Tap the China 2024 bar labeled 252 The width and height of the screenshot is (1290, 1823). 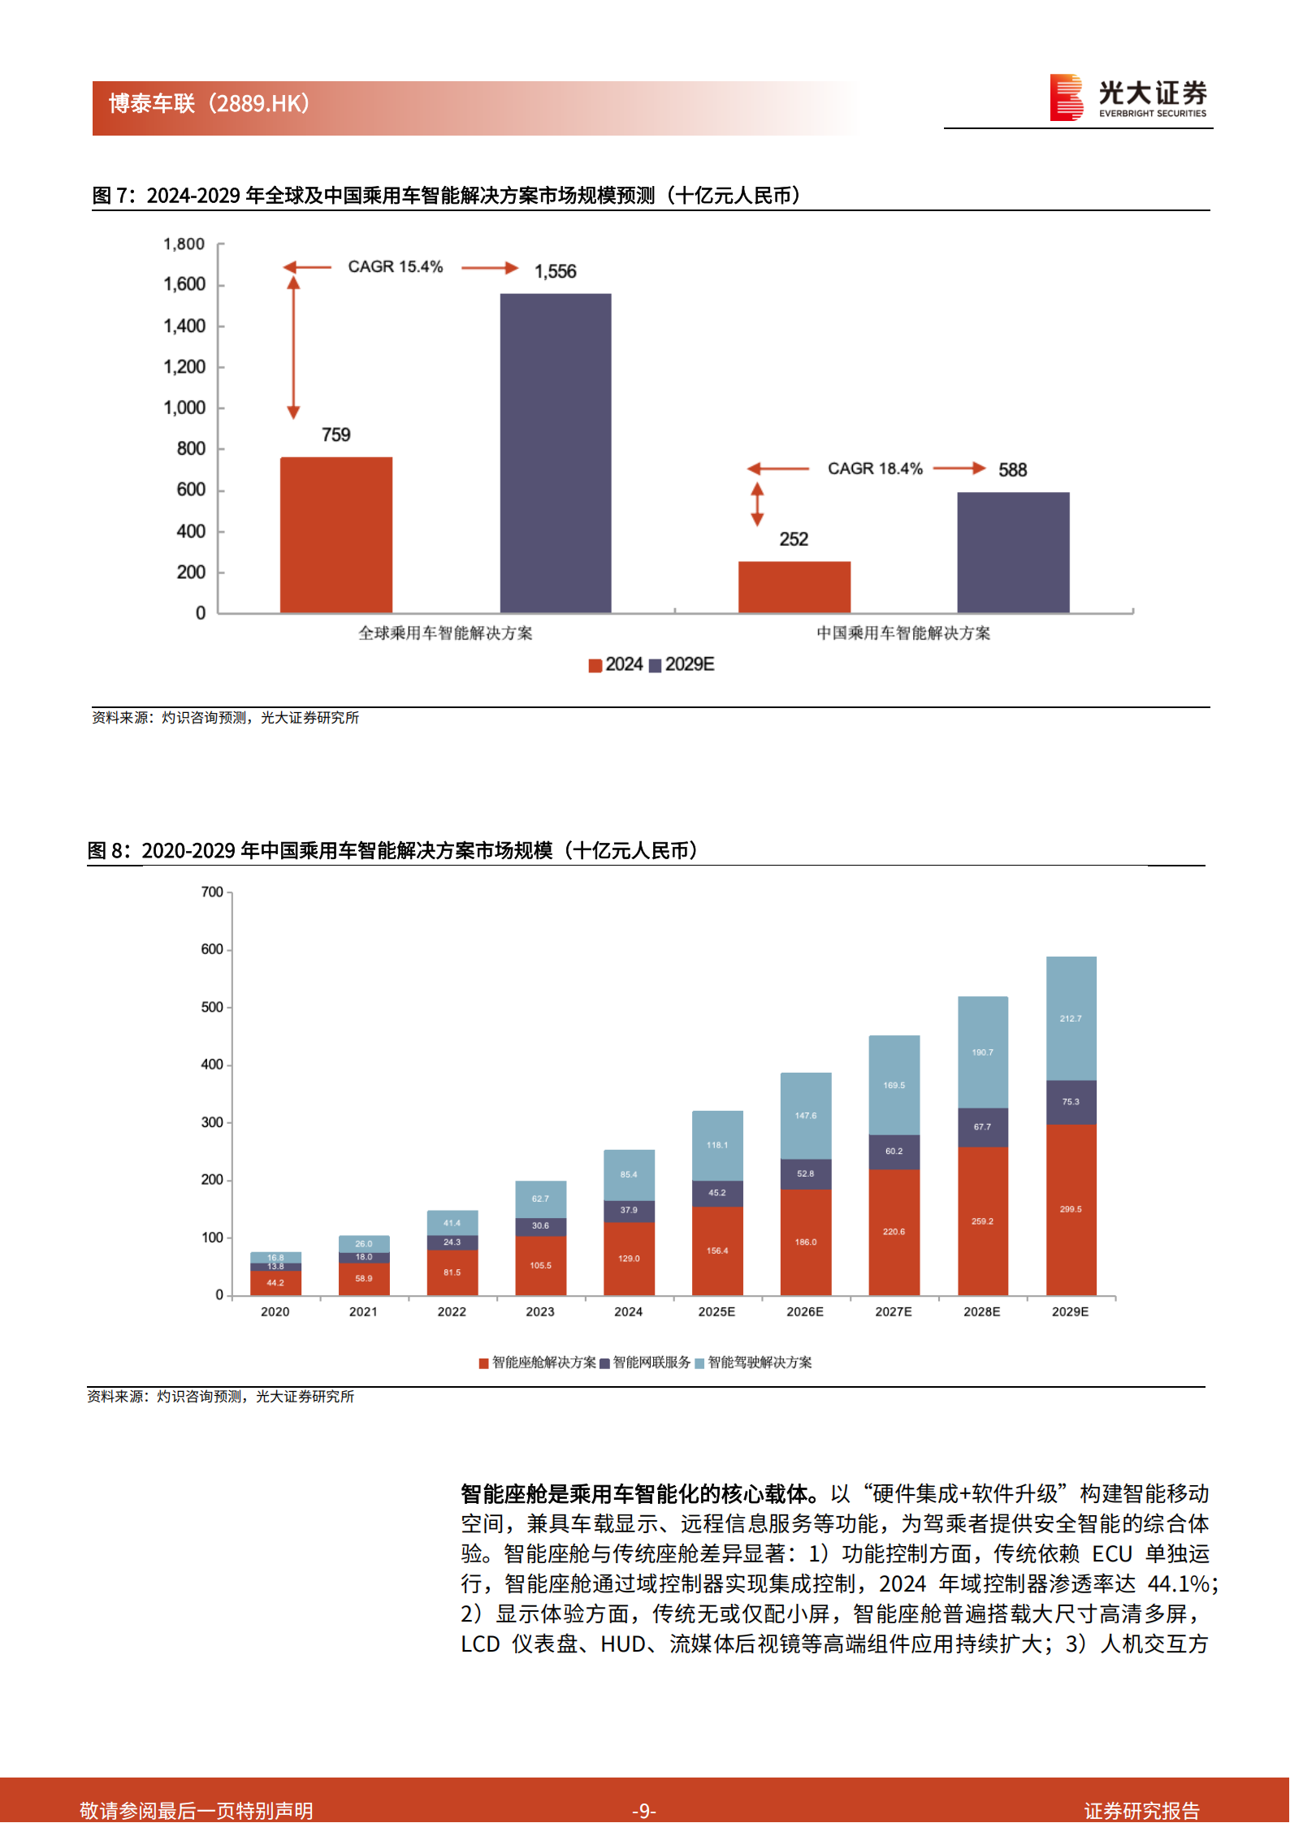(x=794, y=586)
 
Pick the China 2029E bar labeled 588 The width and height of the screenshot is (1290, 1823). (x=1013, y=552)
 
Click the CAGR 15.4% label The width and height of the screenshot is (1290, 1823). (x=396, y=267)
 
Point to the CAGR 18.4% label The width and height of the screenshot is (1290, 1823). (x=875, y=469)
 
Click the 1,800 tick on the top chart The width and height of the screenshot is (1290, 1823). (x=184, y=244)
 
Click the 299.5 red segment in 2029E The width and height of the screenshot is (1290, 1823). (x=1071, y=1209)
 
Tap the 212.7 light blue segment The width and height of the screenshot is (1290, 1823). (x=1071, y=1018)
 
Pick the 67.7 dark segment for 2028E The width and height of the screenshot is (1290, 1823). (x=982, y=1127)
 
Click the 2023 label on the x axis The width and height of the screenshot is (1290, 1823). (x=540, y=1311)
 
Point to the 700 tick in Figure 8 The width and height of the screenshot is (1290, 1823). (x=212, y=892)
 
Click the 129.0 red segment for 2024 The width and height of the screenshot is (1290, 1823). (x=629, y=1259)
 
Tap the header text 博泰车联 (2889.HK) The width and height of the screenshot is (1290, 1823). (x=210, y=104)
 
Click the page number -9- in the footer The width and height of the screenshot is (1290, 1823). (x=644, y=1810)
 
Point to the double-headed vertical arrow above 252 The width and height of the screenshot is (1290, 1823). (x=757, y=504)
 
